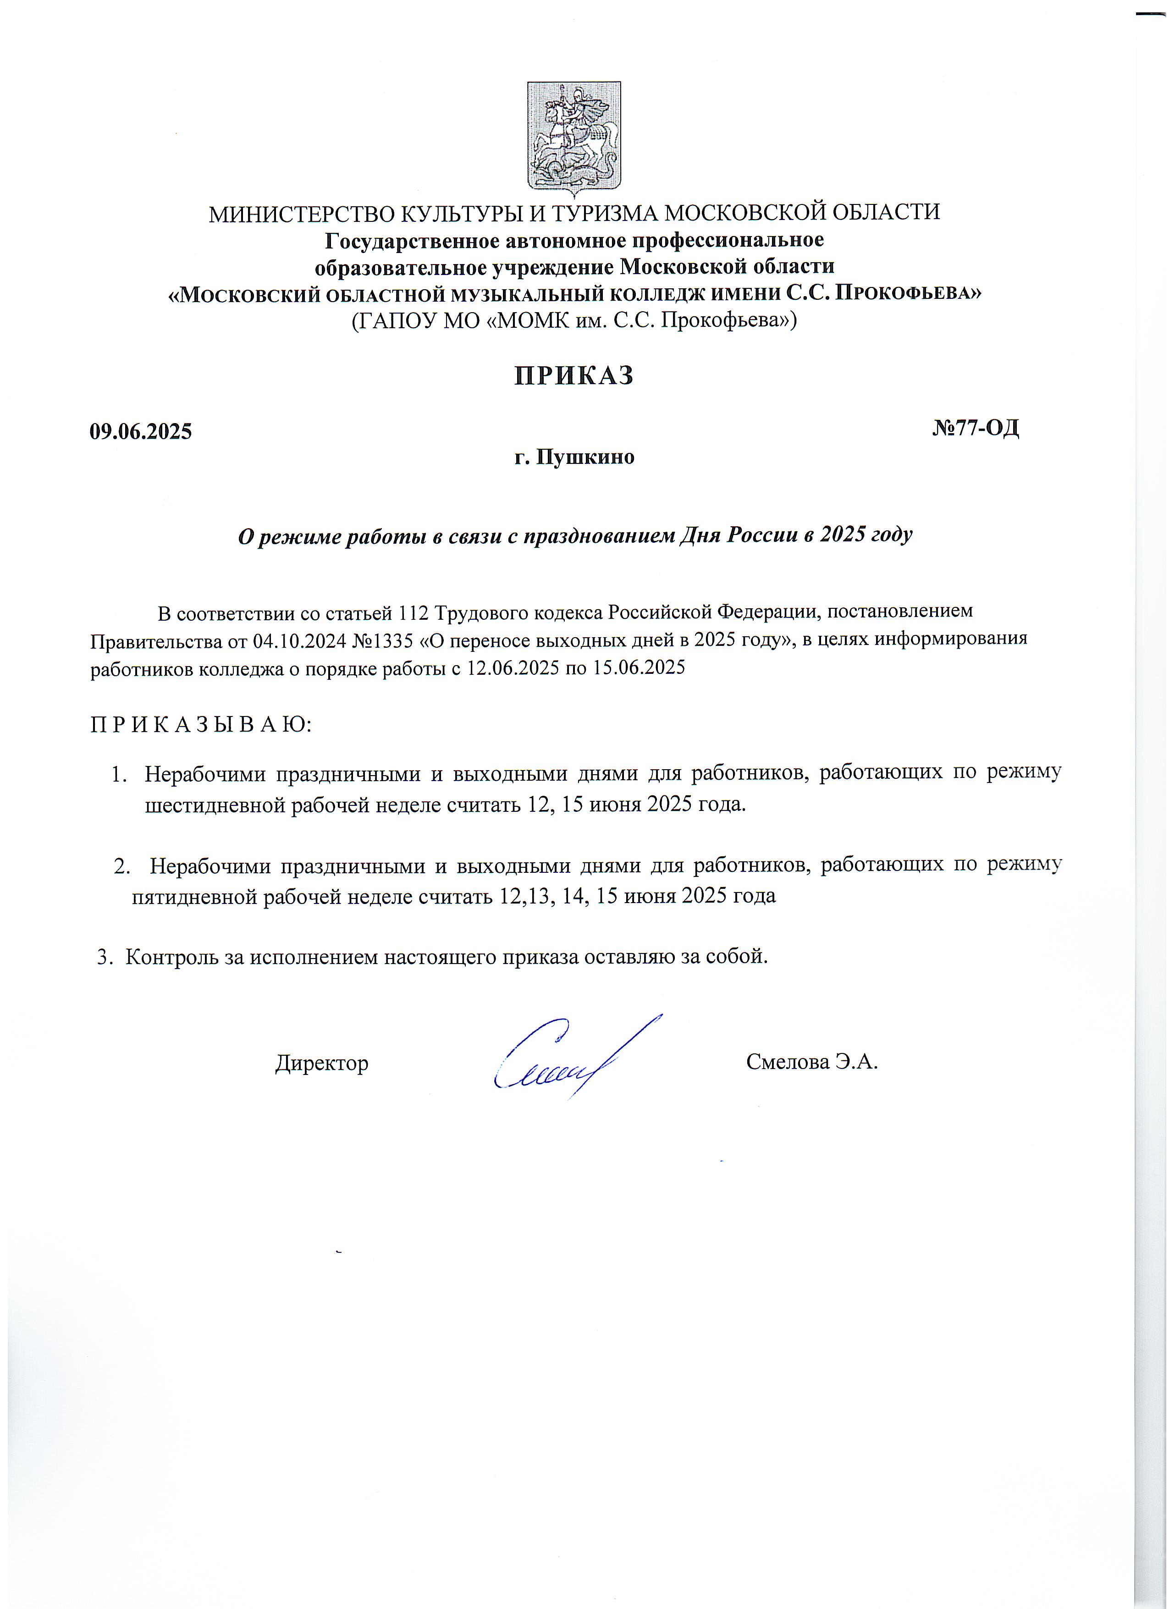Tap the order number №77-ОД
click(x=976, y=428)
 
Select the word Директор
click(x=321, y=1063)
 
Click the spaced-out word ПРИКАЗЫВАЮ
click(x=201, y=724)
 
